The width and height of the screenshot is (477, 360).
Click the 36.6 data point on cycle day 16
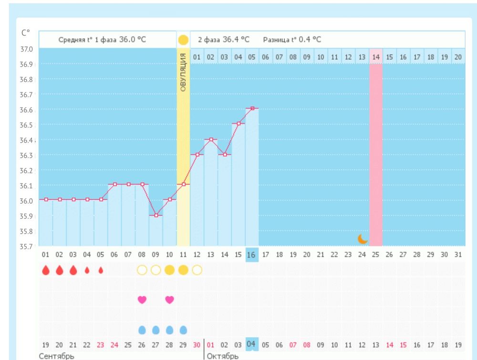pos(252,108)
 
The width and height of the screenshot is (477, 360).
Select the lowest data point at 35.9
pos(156,215)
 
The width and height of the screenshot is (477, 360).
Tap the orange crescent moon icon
pos(363,239)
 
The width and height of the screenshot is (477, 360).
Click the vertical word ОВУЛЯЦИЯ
pos(183,72)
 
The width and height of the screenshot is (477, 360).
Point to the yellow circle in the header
pos(183,40)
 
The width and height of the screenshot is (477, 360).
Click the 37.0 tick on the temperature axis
pos(26,49)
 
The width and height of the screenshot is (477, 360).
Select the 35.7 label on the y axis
pos(26,247)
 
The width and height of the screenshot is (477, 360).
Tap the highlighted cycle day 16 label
pos(252,255)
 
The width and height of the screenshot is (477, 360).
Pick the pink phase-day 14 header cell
pos(376,57)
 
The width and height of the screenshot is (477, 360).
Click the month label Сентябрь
pos(57,356)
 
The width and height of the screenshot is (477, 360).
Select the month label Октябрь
pos(222,356)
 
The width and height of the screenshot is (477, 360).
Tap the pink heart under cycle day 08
pos(142,300)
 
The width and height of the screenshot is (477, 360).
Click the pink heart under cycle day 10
pos(169,300)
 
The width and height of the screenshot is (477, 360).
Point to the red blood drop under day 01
pos(46,270)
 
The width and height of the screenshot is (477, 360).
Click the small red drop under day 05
pos(101,270)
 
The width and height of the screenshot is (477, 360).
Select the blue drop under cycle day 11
pos(183,330)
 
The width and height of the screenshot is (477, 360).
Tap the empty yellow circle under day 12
pos(197,270)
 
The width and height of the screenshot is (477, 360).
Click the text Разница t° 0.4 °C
pos(292,40)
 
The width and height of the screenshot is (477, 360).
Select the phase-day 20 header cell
pos(458,57)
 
